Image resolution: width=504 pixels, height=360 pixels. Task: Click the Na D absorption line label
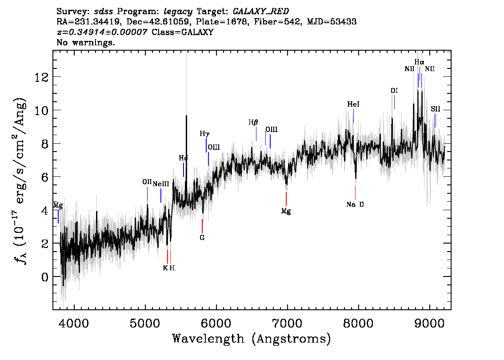pos(355,204)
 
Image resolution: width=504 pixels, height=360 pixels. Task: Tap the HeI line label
pos(353,104)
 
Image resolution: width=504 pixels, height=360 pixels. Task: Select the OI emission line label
pos(394,91)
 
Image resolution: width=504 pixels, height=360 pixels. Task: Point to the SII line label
pos(435,109)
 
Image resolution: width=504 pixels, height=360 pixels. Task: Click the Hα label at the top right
pos(419,62)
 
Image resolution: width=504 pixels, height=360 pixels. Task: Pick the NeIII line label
pos(160,184)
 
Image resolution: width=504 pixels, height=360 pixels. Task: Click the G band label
pos(202,238)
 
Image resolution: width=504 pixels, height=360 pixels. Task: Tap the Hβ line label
pos(253,122)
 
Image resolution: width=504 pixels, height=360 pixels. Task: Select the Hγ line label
pos(204,133)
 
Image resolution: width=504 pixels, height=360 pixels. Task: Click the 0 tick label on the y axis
pos(45,277)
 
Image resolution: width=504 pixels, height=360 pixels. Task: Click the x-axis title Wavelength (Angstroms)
pos(252,339)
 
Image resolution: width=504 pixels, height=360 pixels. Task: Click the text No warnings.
pos(86,43)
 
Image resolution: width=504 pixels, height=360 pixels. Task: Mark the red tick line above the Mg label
pos(286,199)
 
